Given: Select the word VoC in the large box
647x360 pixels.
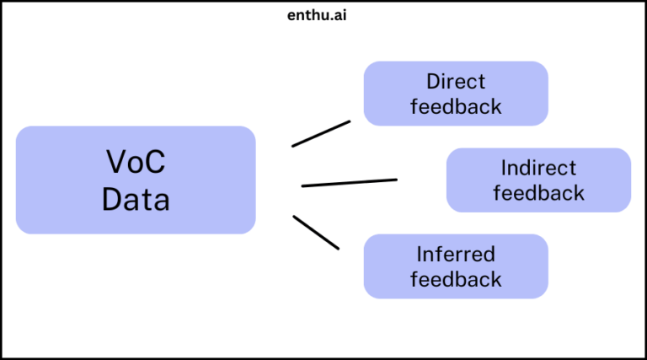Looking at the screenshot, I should [x=136, y=161].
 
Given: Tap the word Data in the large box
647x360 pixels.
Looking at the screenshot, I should [x=136, y=200].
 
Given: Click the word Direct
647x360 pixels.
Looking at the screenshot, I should [x=456, y=82].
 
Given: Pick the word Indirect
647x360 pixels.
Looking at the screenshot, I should [x=538, y=168].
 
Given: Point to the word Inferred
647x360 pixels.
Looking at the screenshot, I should [x=456, y=254].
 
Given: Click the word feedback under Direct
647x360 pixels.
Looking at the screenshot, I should [x=456, y=107].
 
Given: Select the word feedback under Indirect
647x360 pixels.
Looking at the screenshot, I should [x=538, y=193].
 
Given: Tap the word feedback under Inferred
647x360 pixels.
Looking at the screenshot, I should [x=456, y=279].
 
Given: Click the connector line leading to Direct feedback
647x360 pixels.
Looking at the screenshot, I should [x=321, y=133].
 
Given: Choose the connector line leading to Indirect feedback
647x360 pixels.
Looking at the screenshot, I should [x=349, y=182].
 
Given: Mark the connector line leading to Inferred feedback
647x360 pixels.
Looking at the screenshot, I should [x=316, y=232].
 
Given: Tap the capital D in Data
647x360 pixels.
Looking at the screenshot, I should [x=112, y=200].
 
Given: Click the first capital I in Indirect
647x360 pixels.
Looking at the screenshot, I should [x=503, y=168].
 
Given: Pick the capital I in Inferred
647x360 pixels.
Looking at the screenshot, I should [x=419, y=254].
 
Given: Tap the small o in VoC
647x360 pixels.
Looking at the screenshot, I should [x=136, y=164].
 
